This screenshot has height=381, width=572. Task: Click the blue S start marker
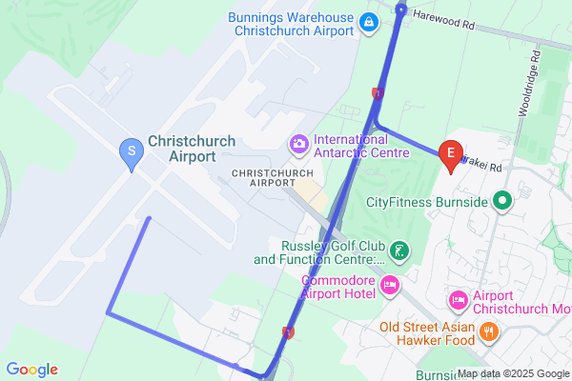point(131,151)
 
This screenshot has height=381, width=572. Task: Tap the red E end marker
point(450,154)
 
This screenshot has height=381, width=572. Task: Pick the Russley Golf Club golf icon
point(401,251)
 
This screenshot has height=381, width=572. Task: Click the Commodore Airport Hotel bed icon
point(389,286)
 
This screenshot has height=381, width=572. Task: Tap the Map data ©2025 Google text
point(514,373)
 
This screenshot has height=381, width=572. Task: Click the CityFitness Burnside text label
point(427,201)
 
